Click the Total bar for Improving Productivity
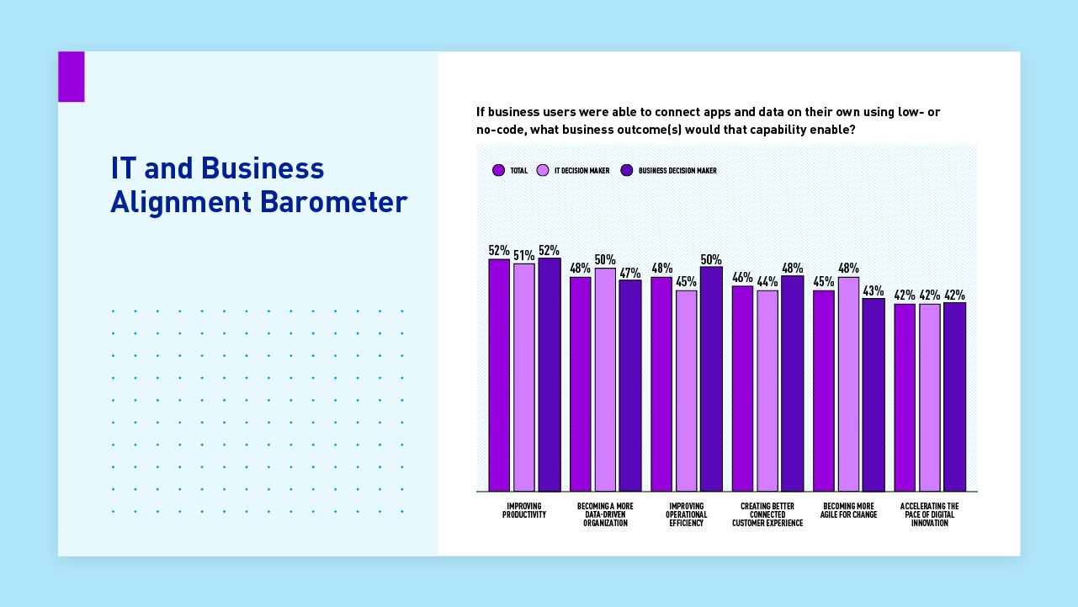coord(499,375)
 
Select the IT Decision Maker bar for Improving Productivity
coord(523,377)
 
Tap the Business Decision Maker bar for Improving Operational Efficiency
coord(711,379)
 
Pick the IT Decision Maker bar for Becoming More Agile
coord(848,384)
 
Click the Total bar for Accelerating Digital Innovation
coord(905,397)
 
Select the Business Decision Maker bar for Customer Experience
coord(792,383)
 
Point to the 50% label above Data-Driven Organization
coord(605,260)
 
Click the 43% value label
coord(873,290)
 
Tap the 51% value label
coord(523,255)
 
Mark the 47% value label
coord(630,273)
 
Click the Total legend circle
coord(499,170)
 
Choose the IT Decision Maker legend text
coord(581,171)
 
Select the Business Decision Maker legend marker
coord(626,170)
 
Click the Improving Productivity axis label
coord(524,510)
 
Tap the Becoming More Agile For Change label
coord(848,510)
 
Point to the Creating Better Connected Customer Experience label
coord(767,514)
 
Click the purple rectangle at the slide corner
coord(72,77)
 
